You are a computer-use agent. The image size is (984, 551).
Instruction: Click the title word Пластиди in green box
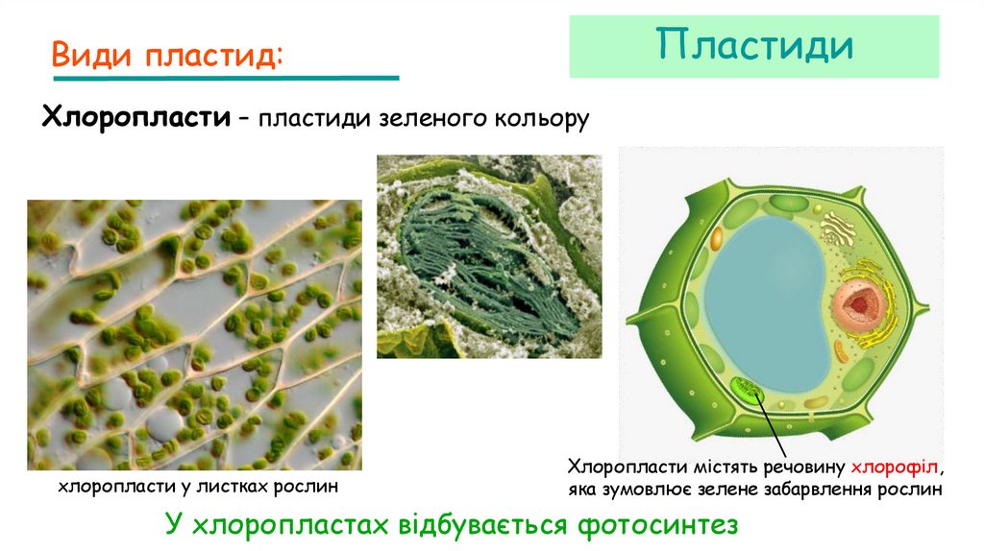[754, 46]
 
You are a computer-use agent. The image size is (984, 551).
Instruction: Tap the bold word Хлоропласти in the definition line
[135, 119]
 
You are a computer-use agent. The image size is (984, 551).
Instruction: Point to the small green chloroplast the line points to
[746, 390]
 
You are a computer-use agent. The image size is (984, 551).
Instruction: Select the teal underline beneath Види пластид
[226, 78]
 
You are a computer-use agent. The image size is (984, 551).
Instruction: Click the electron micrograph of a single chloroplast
[488, 256]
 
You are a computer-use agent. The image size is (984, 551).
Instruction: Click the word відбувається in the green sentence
[479, 525]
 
